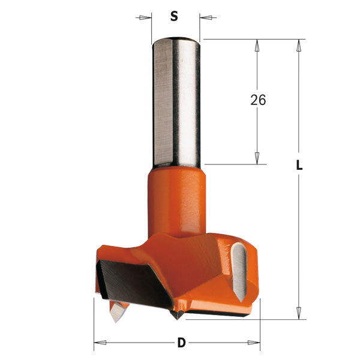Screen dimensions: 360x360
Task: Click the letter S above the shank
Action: (x=174, y=17)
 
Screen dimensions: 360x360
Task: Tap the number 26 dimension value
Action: (x=258, y=100)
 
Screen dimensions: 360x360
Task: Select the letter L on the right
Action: (x=299, y=166)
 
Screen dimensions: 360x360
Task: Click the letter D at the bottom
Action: (x=181, y=343)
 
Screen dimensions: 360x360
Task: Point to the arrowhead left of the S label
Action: (x=143, y=17)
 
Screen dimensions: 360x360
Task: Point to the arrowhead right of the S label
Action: (x=208, y=17)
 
